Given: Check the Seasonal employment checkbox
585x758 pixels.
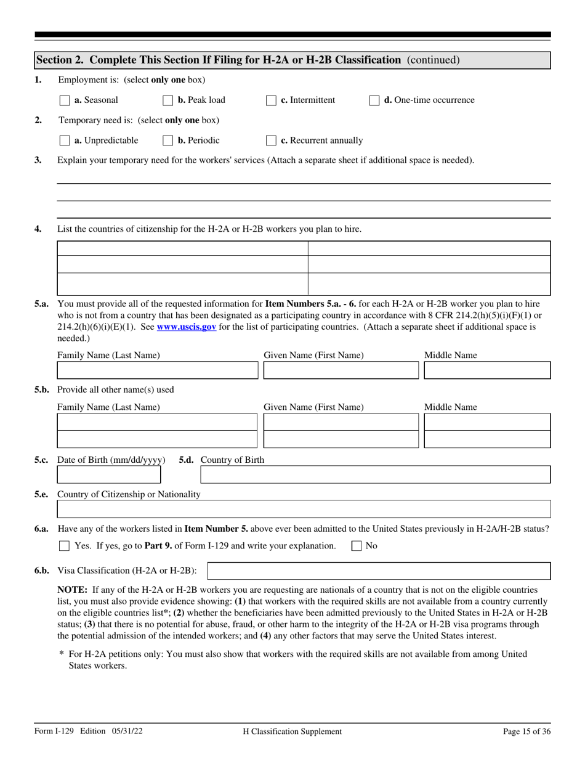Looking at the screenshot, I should (x=65, y=100).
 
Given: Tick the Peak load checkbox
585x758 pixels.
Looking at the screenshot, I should (x=168, y=100).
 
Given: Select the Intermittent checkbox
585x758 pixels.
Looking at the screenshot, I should (x=271, y=100).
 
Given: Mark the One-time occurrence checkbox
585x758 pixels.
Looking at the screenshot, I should (x=374, y=100).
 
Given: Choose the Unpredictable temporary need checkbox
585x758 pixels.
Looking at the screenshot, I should (x=65, y=141).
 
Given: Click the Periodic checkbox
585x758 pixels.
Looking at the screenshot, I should (x=168, y=141).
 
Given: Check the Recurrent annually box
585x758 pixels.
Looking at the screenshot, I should (x=271, y=141).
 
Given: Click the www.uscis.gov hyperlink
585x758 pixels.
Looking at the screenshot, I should (x=186, y=327).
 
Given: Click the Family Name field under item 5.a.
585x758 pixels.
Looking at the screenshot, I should (x=158, y=370).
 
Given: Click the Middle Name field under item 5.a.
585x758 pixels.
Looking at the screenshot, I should (x=487, y=370).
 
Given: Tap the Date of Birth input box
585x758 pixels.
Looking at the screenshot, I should (x=108, y=475).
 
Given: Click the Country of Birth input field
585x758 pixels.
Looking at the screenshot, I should (x=376, y=475).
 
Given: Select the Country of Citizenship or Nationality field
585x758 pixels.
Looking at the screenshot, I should (x=304, y=509).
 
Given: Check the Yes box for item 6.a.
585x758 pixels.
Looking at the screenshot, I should (x=65, y=546).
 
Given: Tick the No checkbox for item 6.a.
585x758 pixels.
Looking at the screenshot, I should (x=357, y=546).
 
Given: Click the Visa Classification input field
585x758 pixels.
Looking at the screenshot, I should (x=379, y=571).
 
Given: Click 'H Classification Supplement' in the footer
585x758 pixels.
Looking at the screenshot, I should (x=292, y=732).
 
